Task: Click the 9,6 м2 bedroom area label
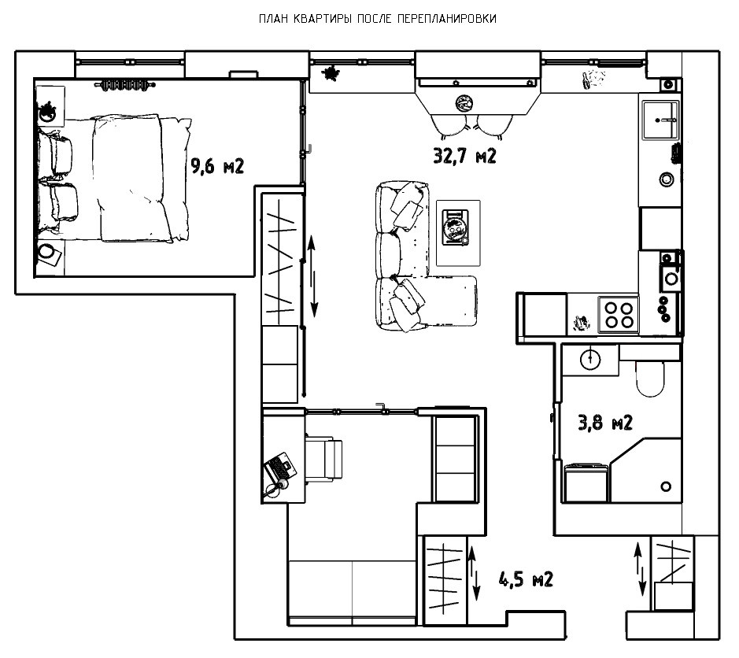217,166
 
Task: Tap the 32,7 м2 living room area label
464,156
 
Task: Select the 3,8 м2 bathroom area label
605,423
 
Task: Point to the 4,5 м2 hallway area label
526,579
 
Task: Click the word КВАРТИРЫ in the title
323,19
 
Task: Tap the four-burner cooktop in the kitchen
619,315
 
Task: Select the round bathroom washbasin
590,359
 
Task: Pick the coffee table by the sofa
458,233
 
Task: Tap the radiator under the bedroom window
125,85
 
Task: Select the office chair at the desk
323,459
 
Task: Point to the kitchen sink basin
661,120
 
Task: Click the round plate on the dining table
464,103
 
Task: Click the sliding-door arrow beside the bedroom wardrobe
312,277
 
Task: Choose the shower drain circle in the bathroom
666,486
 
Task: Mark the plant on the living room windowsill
331,73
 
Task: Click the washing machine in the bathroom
586,483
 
